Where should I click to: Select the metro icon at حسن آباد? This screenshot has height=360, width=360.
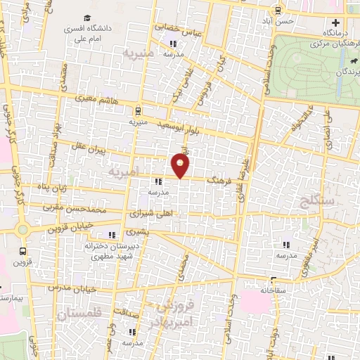pos(279,10)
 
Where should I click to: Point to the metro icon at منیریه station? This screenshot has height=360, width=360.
pos(139,110)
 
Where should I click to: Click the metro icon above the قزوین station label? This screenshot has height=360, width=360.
pos(24,250)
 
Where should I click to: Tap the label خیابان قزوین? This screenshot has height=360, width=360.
pos(68,227)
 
